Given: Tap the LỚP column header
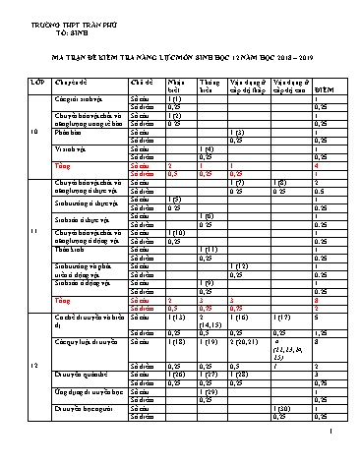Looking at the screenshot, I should tap(36, 85).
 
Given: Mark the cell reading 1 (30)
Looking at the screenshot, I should tap(286, 436).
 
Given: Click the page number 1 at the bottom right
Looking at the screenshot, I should tap(332, 456).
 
